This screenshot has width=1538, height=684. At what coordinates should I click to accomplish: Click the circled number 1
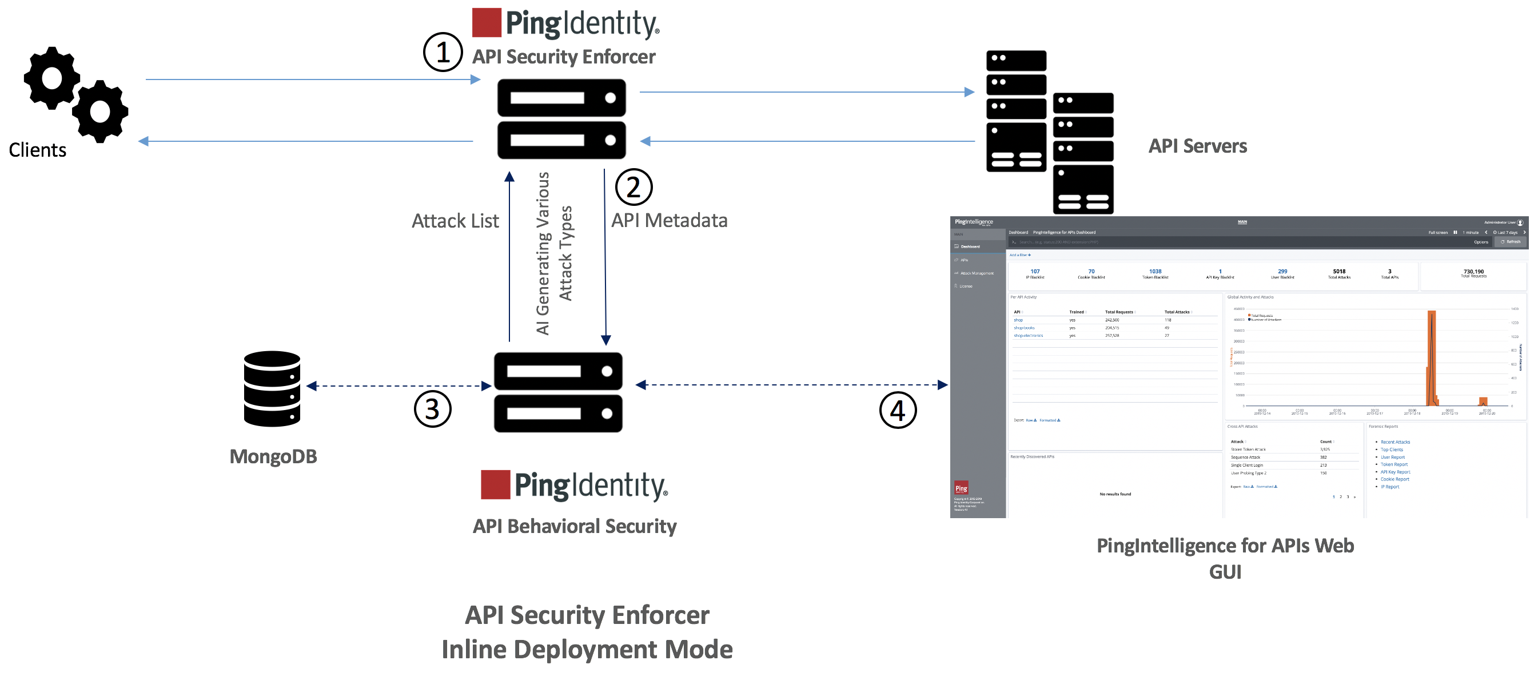click(443, 53)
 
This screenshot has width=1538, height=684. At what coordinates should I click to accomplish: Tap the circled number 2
click(633, 188)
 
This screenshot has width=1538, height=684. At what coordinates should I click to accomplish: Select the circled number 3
click(432, 410)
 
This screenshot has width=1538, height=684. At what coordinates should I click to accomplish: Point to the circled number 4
click(898, 411)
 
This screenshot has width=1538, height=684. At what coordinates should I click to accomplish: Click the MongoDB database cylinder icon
click(272, 389)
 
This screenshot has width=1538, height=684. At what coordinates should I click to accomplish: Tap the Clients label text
click(38, 150)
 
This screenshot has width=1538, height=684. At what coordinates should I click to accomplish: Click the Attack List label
click(455, 221)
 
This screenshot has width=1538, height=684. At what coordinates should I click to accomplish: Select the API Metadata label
click(669, 220)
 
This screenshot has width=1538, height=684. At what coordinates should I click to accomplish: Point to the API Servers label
click(1197, 146)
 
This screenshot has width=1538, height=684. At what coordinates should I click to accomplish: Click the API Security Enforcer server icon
click(561, 119)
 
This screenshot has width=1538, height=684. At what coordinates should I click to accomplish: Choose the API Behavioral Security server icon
click(557, 392)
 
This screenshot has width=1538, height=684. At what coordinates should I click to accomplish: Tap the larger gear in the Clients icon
click(52, 78)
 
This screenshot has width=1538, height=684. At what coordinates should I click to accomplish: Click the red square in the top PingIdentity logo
click(486, 23)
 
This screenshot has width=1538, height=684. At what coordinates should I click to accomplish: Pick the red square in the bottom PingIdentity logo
click(495, 484)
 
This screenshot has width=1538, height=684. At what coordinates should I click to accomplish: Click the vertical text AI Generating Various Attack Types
click(553, 253)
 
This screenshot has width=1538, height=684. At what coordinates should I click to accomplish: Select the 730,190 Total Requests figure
click(1473, 273)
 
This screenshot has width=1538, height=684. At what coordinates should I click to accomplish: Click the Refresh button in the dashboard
click(1511, 242)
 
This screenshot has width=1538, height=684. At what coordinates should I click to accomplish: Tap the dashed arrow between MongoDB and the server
click(399, 386)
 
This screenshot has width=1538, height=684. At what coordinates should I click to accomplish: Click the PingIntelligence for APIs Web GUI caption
click(1225, 558)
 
